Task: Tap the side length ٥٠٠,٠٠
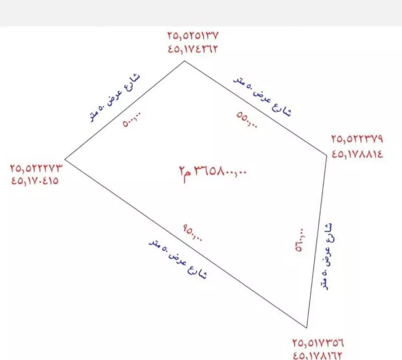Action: pyautogui.click(x=132, y=120)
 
